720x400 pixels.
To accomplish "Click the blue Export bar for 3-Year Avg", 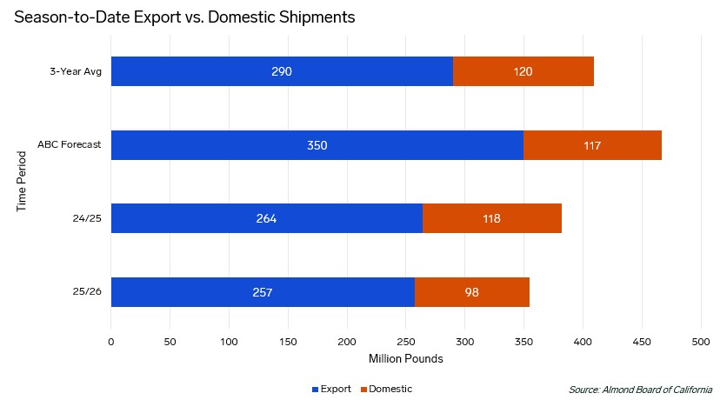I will (282, 71).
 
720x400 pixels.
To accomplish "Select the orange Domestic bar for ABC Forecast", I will (592, 145).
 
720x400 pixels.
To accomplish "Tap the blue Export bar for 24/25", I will (266, 218).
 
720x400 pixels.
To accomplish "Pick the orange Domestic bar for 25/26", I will (472, 292).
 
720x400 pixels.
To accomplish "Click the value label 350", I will (317, 145).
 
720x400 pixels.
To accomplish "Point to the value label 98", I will (472, 292).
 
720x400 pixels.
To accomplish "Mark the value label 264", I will (266, 218).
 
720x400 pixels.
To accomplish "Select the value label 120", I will (523, 71).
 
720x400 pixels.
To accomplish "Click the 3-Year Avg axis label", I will (77, 71).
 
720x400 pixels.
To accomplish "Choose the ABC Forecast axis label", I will (70, 145).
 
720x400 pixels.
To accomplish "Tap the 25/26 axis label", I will (87, 292).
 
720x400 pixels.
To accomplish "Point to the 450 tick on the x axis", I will (643, 342).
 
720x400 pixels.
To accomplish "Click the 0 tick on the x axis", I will (111, 342).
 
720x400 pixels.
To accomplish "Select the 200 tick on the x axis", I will (347, 342).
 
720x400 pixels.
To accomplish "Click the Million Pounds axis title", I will (406, 359).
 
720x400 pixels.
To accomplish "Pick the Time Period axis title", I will (23, 182).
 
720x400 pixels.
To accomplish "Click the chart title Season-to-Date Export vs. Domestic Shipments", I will (184, 17).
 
